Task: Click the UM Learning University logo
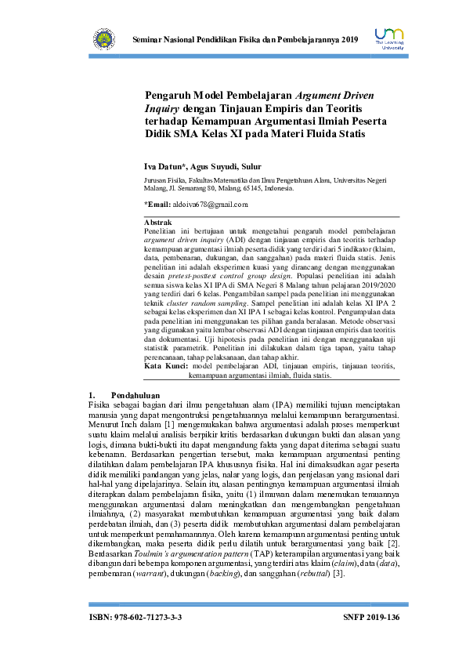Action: click(389, 38)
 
